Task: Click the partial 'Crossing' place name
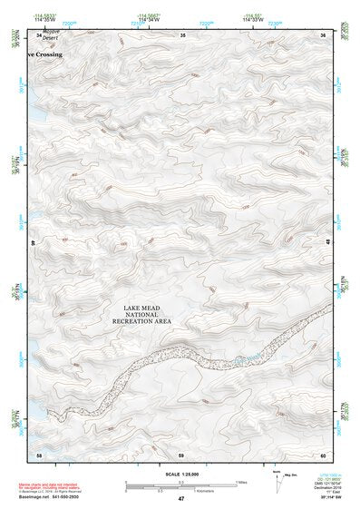click(45, 54)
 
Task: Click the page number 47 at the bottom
click(180, 499)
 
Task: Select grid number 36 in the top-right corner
click(324, 34)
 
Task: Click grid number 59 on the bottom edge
click(181, 454)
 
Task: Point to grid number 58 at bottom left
click(39, 454)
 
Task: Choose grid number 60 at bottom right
click(324, 454)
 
